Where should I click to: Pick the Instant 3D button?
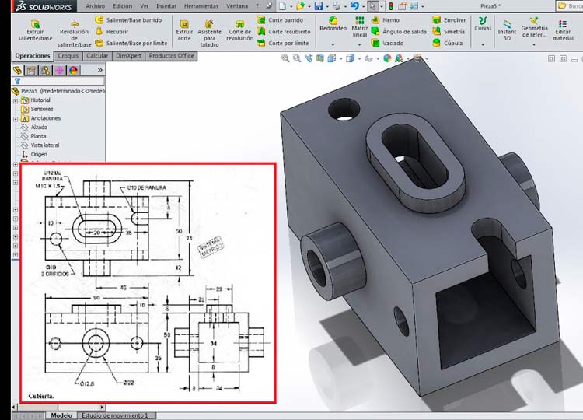coord(507,29)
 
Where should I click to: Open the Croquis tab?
coord(68,56)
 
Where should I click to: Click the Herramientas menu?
coord(201,5)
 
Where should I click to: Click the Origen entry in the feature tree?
coord(39,154)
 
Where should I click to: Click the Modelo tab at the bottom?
coord(61,415)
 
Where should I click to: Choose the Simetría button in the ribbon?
coord(454,32)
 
